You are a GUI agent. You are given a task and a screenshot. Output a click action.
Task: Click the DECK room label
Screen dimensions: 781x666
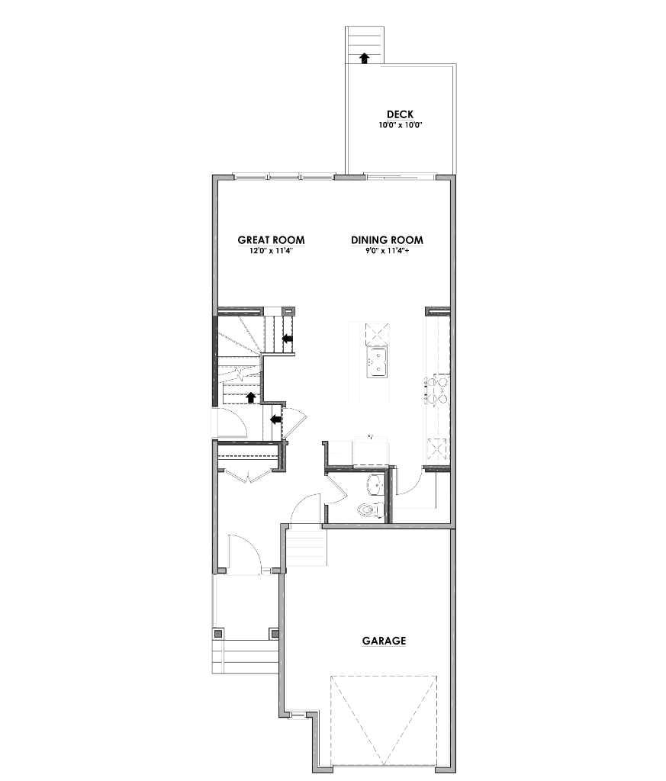[400, 114]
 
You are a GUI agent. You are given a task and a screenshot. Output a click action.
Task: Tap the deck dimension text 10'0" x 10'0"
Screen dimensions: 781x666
[400, 125]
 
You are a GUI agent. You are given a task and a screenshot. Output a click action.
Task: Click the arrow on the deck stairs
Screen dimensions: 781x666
[365, 57]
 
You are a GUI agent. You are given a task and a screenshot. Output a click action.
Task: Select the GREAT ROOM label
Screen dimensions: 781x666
[271, 240]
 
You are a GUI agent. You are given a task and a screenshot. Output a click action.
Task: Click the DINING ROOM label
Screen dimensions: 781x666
[387, 240]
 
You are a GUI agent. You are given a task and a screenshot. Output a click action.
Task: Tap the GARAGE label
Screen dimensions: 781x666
[384, 641]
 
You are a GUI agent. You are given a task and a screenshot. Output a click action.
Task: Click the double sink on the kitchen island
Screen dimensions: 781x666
[378, 362]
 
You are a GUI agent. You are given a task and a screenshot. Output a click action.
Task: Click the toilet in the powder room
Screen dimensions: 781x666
[368, 509]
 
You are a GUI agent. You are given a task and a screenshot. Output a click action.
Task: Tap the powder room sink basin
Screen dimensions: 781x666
[376, 484]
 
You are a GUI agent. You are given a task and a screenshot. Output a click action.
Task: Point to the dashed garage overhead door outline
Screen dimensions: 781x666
[384, 721]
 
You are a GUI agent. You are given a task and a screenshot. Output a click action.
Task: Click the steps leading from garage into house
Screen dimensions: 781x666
[307, 548]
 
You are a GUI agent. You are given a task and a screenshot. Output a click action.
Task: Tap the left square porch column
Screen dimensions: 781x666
[218, 633]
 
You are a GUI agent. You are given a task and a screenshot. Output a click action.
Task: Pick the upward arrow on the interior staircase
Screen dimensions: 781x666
[251, 397]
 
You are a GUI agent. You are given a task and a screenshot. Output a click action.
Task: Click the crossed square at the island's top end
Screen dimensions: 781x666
[378, 334]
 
